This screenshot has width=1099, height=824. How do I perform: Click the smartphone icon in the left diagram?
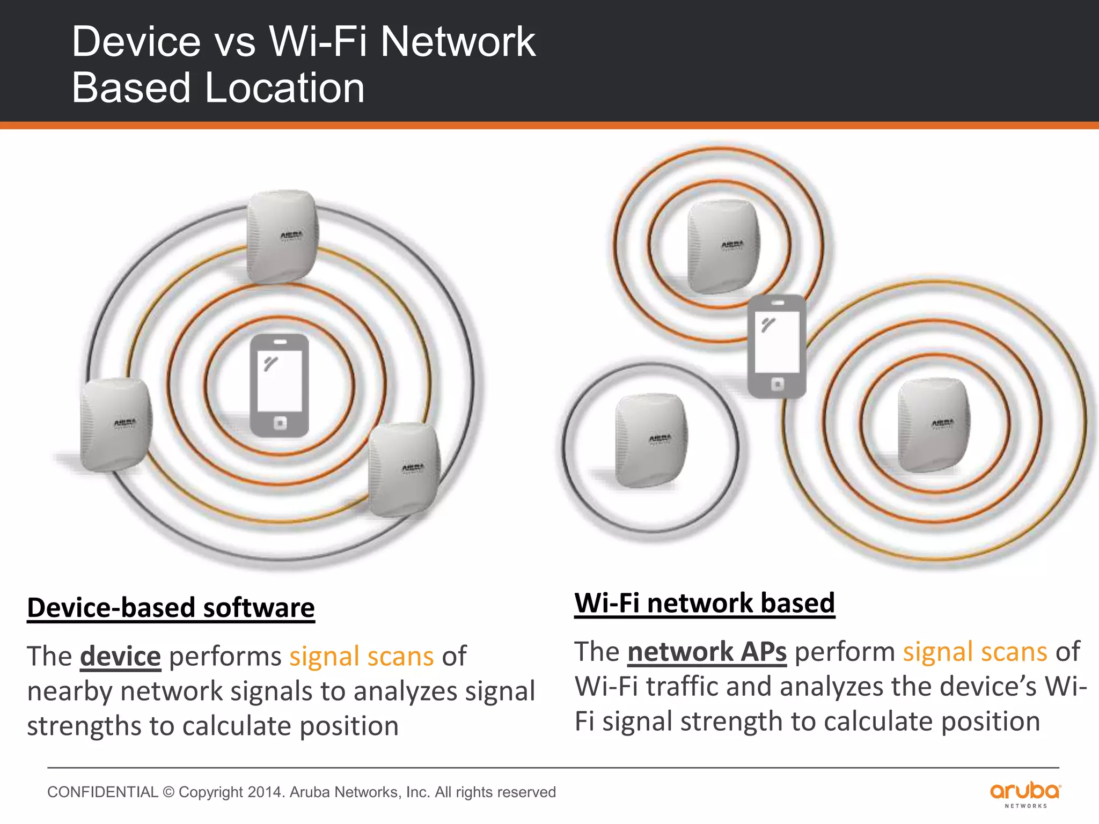tap(279, 385)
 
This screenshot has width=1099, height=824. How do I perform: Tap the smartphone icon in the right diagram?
tap(776, 346)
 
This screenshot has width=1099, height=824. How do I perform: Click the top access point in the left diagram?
tap(282, 236)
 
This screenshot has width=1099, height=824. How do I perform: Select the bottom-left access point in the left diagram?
tap(116, 424)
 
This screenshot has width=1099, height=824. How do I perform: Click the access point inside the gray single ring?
tap(651, 440)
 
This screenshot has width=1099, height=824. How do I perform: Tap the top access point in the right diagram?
tap(723, 247)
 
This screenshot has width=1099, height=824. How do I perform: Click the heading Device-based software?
tap(171, 608)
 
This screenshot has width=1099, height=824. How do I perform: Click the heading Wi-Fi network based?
tap(704, 603)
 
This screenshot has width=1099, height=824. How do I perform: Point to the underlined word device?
tap(120, 656)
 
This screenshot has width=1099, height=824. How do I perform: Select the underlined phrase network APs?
tap(707, 652)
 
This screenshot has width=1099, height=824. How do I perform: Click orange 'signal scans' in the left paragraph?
tap(361, 656)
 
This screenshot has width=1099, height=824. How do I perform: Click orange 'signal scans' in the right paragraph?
tap(975, 652)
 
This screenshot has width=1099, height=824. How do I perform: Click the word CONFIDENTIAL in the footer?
tap(102, 792)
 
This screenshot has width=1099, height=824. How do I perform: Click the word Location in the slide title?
tap(285, 87)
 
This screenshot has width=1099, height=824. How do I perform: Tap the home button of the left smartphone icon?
tap(280, 423)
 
